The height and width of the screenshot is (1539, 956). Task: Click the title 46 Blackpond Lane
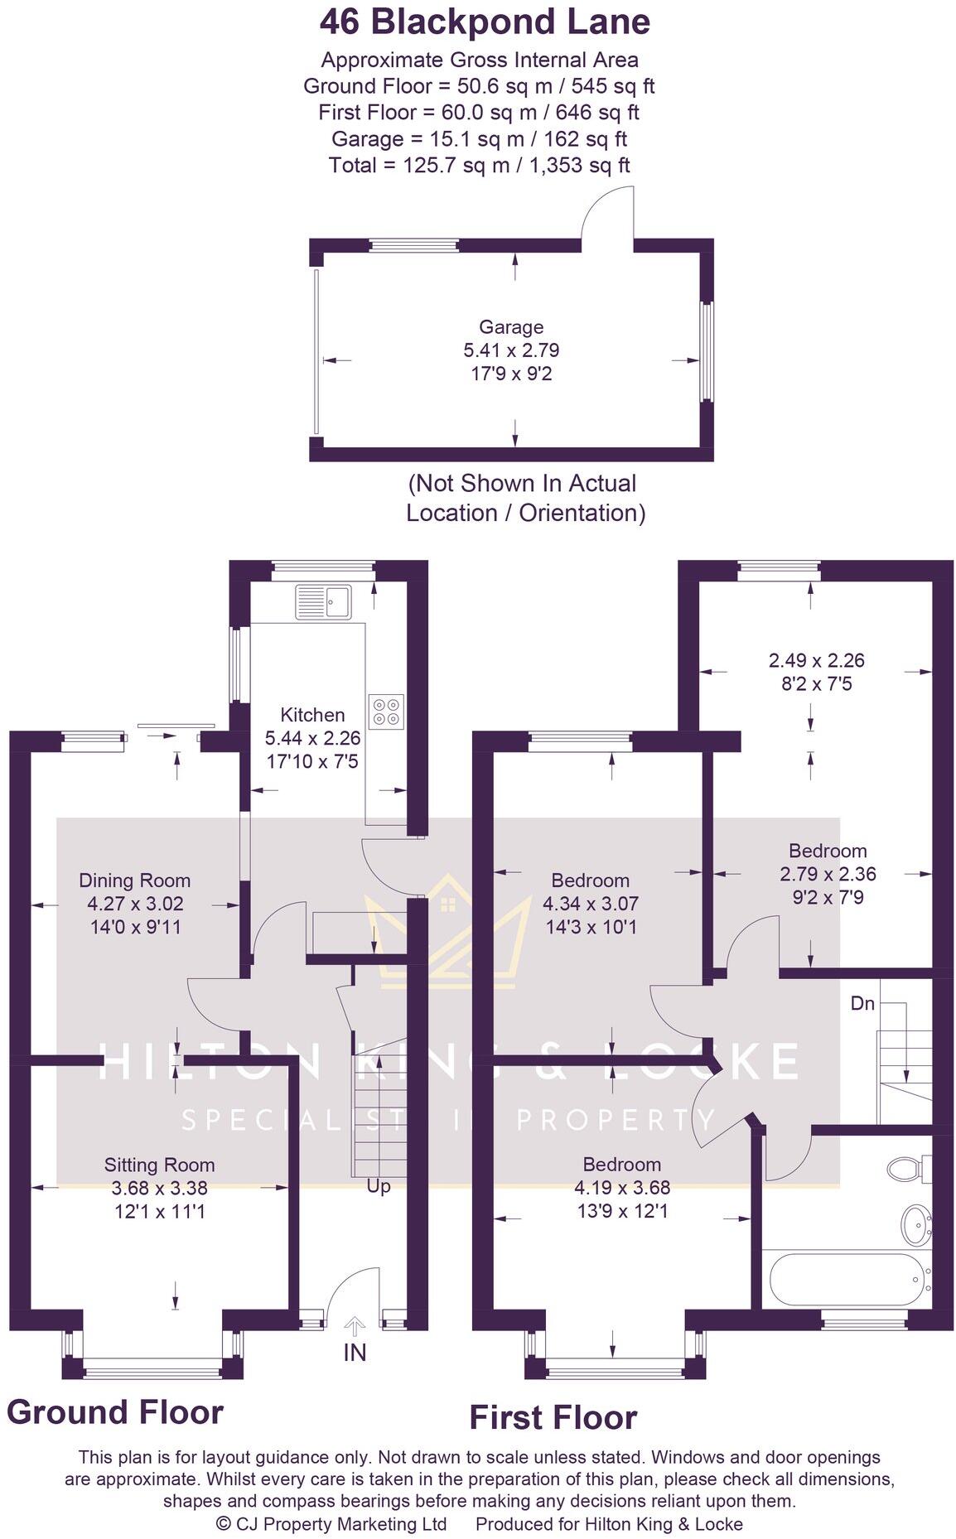click(x=484, y=22)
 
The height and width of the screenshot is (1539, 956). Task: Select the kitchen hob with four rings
click(x=386, y=711)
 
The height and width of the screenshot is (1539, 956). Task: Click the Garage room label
click(x=511, y=327)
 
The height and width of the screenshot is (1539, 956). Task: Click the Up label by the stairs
click(x=379, y=1187)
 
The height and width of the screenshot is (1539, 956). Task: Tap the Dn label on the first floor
click(x=862, y=1003)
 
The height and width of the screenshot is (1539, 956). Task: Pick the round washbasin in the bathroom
click(x=915, y=1223)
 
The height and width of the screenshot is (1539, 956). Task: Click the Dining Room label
click(x=134, y=880)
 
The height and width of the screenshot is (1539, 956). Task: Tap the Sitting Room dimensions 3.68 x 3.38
click(x=159, y=1189)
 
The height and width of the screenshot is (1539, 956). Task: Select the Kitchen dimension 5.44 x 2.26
click(x=312, y=737)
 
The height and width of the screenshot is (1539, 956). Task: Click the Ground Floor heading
click(x=115, y=1411)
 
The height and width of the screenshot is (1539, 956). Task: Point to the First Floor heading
click(x=553, y=1417)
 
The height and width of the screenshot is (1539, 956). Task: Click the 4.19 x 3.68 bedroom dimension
click(x=621, y=1187)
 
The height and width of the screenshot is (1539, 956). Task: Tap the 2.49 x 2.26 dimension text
click(x=816, y=660)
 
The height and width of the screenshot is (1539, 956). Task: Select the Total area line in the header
click(x=479, y=165)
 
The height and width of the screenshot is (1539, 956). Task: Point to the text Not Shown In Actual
click(x=522, y=483)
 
